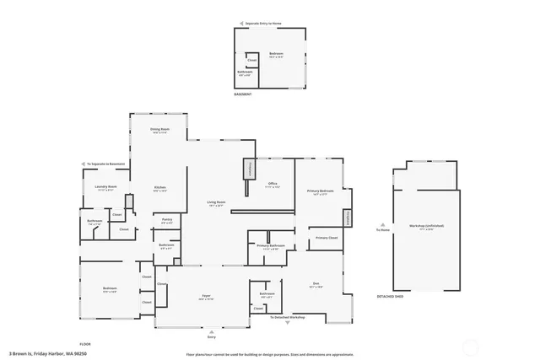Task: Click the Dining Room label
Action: (160, 130)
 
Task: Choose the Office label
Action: (273, 184)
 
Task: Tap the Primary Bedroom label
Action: (320, 192)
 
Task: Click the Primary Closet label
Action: (327, 239)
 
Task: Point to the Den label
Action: (316, 285)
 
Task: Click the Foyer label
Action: (206, 296)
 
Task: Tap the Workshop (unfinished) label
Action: (427, 226)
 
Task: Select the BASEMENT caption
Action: (244, 94)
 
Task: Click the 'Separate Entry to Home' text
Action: (266, 24)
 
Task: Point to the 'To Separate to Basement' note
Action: (105, 164)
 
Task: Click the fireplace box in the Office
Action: (249, 169)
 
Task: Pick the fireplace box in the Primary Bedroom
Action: (347, 218)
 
